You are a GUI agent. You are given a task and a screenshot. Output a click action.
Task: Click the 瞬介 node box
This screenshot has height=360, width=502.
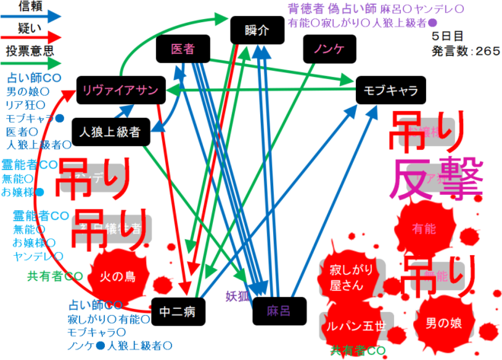pos(258,31)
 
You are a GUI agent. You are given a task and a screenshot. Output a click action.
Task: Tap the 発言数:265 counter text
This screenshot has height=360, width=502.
pos(456,50)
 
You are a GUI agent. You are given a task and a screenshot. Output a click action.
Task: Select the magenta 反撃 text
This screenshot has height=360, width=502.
pos(437,182)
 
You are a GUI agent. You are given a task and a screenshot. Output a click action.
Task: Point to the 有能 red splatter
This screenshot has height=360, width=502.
pos(424,227)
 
